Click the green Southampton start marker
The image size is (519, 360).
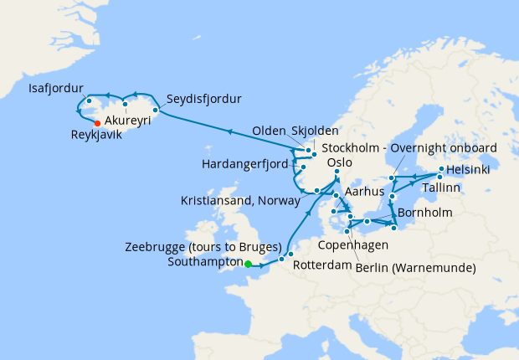coord(248,265)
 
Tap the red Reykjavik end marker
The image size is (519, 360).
coord(98,123)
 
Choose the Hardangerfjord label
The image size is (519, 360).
coord(244,162)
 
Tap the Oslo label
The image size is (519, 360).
coord(335,162)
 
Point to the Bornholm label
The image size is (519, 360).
coord(425,212)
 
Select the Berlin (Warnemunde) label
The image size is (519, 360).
coord(415,267)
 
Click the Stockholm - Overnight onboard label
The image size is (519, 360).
coord(409,147)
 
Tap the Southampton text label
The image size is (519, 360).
coord(203,261)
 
